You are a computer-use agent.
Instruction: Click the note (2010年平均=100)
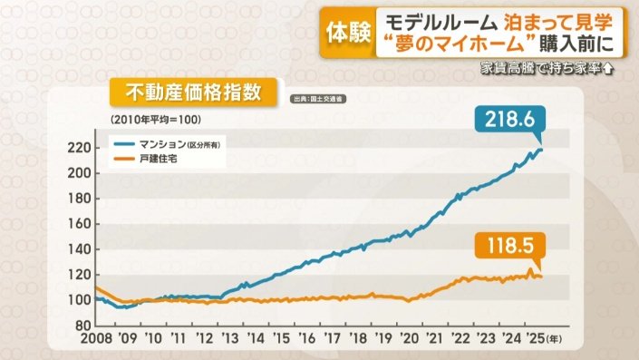(155, 120)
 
